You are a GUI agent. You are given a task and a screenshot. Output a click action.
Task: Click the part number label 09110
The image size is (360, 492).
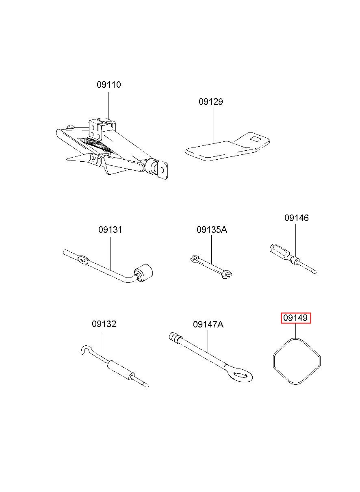pyautogui.click(x=108, y=85)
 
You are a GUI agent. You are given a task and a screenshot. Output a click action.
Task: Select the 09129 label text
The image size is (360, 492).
pyautogui.click(x=210, y=102)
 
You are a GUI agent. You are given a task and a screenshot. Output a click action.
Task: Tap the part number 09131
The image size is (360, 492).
pyautogui.click(x=110, y=230)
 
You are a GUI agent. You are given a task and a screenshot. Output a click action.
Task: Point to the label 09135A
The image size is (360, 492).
pyautogui.click(x=212, y=230)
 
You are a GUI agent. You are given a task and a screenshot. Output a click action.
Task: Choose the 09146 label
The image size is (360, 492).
pyautogui.click(x=296, y=218)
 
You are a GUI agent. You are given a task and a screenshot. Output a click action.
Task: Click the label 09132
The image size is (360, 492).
pyautogui.click(x=104, y=324)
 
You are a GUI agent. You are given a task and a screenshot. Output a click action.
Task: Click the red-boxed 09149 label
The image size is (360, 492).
pyautogui.click(x=296, y=318)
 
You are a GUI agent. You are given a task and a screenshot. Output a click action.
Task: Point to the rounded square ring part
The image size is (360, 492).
pyautogui.click(x=297, y=361)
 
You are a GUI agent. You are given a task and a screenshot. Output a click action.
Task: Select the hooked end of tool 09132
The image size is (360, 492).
pyautogui.click(x=85, y=350)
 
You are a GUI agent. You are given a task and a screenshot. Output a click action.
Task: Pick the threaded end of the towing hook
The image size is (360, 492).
pyautogui.click(x=175, y=337)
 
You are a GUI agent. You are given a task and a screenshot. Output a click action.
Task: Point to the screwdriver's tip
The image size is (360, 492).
pyautogui.click(x=313, y=271)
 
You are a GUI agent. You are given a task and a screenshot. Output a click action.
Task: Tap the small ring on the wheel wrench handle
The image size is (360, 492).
pyautogui.click(x=82, y=259)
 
